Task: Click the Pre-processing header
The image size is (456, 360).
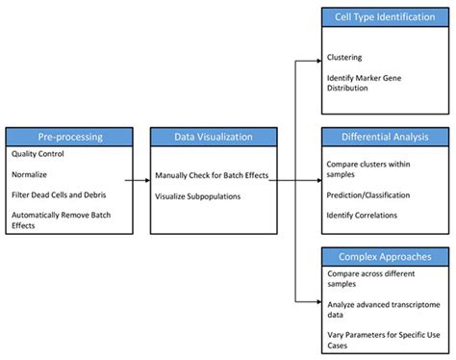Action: coord(67,137)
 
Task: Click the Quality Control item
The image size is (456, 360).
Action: coord(38,153)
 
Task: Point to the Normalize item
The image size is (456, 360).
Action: coord(31,175)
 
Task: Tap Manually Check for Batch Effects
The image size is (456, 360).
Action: coord(212,175)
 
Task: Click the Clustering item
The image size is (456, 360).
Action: coord(345,57)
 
